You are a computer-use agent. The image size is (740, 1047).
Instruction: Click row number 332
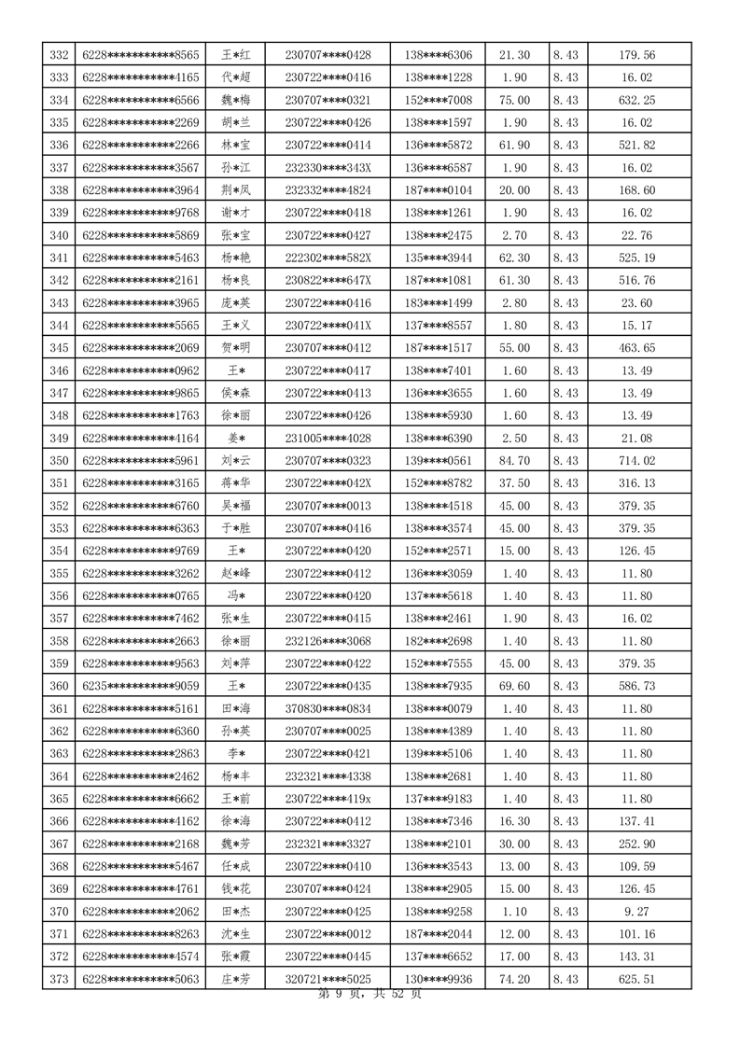click(59, 55)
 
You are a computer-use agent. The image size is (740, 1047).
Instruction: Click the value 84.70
click(515, 460)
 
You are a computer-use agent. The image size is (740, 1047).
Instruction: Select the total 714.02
click(636, 460)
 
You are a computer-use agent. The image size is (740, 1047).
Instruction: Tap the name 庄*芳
click(235, 979)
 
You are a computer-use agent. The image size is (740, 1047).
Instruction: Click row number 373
click(59, 979)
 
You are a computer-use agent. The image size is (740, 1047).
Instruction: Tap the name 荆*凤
click(235, 190)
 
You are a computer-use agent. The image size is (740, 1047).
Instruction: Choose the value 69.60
click(515, 687)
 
